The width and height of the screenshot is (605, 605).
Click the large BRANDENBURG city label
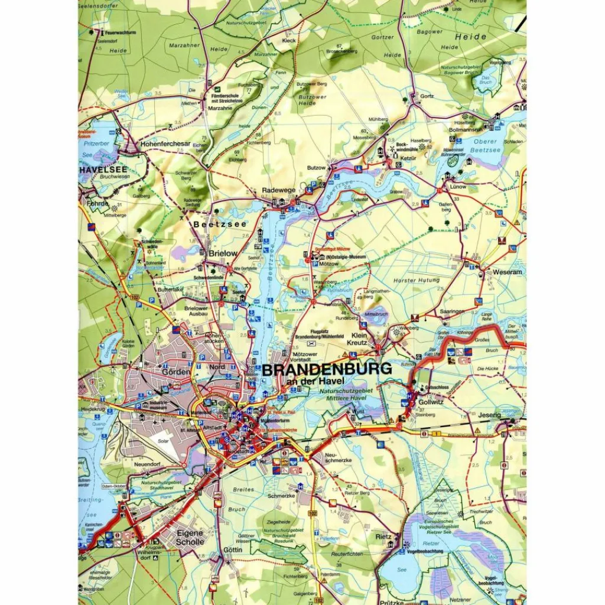pyautogui.click(x=326, y=369)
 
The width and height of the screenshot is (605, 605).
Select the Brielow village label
pyautogui.click(x=223, y=253)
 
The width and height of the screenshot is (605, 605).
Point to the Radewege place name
pyautogui.click(x=278, y=191)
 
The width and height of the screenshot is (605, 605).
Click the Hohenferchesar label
pyautogui.click(x=165, y=144)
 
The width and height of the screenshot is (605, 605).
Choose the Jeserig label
pyautogui.click(x=489, y=415)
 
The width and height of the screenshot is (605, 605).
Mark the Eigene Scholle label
pyautogui.click(x=190, y=537)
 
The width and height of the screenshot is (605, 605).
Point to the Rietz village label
pyautogui.click(x=385, y=537)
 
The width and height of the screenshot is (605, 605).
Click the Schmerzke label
pyautogui.click(x=281, y=496)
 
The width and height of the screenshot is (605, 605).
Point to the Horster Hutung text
pyautogui.click(x=417, y=280)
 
